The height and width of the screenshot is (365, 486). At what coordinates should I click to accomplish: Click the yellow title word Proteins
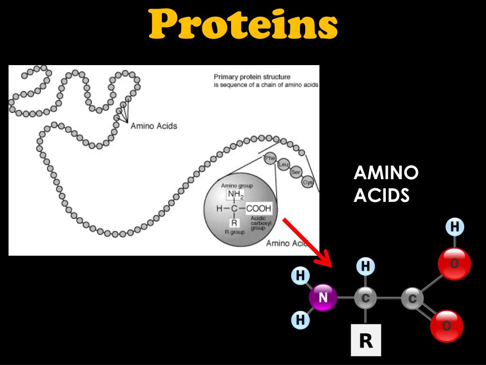pyautogui.click(x=243, y=25)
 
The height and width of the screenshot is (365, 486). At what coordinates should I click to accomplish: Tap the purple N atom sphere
pyautogui.click(x=323, y=298)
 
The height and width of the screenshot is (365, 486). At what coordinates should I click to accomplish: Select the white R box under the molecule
pyautogui.click(x=365, y=340)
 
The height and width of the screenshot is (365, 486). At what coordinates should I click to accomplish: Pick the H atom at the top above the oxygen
pyautogui.click(x=454, y=227)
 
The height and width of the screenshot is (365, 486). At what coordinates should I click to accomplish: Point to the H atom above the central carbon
pyautogui.click(x=365, y=266)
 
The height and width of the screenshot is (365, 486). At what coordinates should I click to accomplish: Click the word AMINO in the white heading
pyautogui.click(x=385, y=173)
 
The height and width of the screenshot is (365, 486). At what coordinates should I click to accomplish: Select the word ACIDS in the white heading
pyautogui.click(x=381, y=195)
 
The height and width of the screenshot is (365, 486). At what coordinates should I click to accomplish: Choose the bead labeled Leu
pyautogui.click(x=283, y=165)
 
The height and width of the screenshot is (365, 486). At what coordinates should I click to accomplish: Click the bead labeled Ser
pyautogui.click(x=296, y=173)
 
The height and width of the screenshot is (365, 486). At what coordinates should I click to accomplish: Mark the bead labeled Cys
pyautogui.click(x=308, y=182)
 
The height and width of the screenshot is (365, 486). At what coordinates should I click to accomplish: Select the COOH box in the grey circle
pyautogui.click(x=259, y=208)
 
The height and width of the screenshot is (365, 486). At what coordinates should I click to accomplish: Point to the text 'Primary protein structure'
pyautogui.click(x=252, y=77)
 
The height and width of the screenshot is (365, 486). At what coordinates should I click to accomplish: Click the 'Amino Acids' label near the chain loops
pyautogui.click(x=154, y=126)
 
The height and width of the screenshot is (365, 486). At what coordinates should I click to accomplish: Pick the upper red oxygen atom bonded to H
pyautogui.click(x=454, y=264)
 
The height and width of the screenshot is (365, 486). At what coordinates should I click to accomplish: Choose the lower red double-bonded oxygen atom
pyautogui.click(x=447, y=327)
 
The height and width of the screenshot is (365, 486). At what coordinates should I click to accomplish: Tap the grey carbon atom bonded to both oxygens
pyautogui.click(x=412, y=299)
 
